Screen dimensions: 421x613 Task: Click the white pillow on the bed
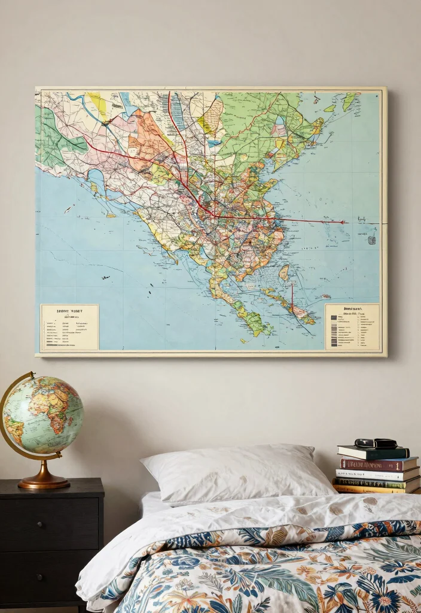233,473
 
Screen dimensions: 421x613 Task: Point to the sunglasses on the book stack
376,444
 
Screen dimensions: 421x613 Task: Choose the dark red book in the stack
378,464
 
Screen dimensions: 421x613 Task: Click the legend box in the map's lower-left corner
69,327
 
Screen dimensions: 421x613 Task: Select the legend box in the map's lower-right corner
352,326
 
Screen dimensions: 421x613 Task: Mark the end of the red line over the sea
343,222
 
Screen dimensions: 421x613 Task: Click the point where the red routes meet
214,216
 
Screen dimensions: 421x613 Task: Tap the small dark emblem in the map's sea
371,239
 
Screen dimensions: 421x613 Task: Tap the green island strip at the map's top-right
348,101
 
